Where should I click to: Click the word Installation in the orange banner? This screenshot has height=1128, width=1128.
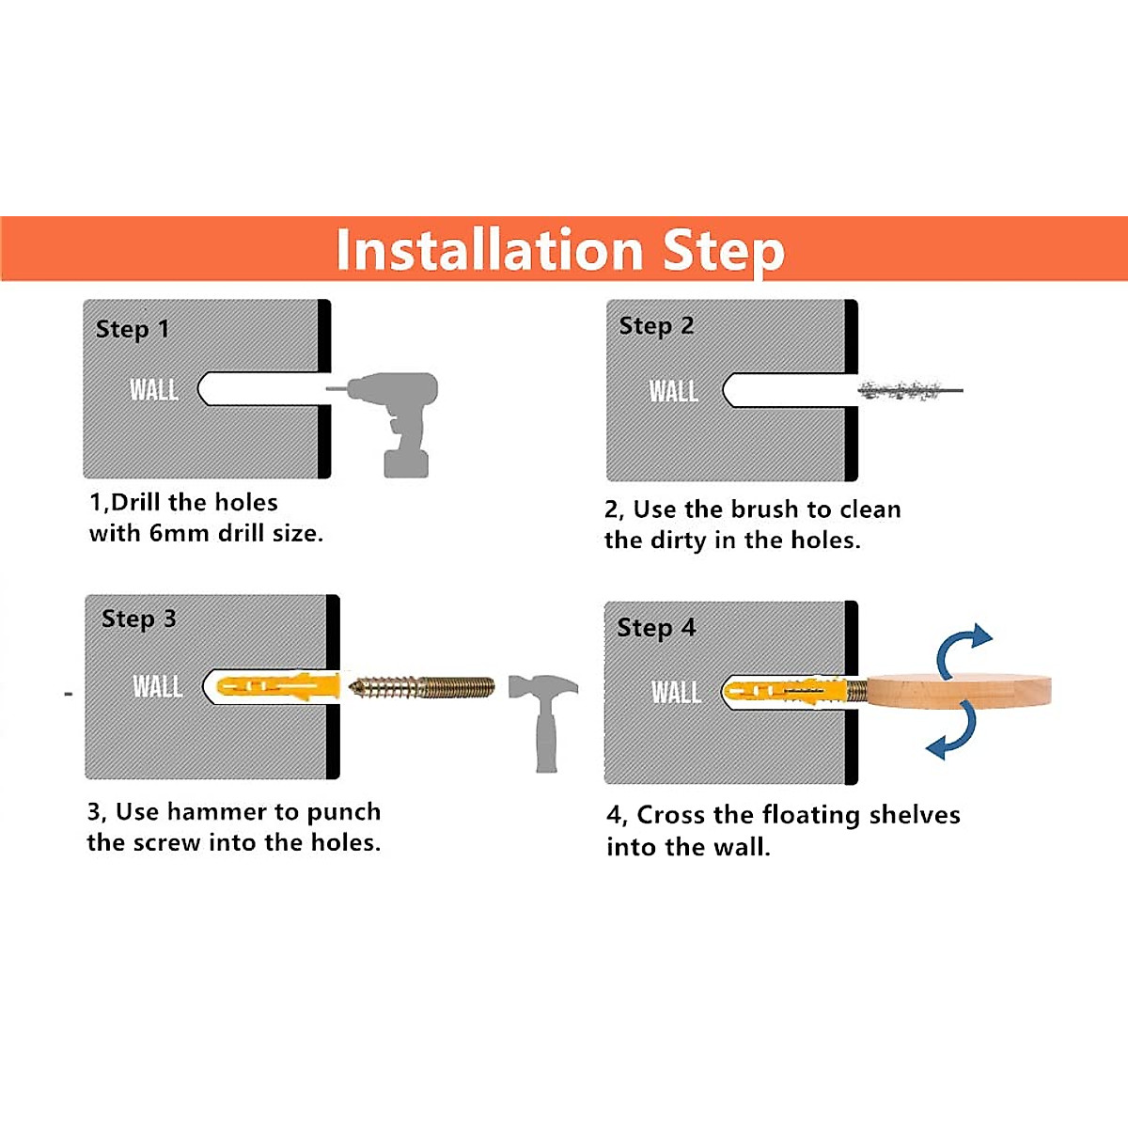(x=490, y=250)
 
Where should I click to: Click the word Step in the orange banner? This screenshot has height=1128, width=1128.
(x=724, y=252)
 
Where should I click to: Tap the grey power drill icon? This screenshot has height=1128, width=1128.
(x=389, y=423)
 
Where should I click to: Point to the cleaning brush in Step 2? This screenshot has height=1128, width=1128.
(x=910, y=390)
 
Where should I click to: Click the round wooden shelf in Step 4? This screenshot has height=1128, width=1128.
(x=959, y=691)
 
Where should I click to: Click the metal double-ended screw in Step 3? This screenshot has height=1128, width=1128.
(x=421, y=687)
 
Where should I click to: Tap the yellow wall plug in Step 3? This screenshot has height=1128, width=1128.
(x=278, y=685)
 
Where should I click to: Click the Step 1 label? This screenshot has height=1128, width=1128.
(x=133, y=329)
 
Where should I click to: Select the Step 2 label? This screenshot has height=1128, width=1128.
(x=656, y=326)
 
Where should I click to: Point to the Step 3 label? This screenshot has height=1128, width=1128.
(x=139, y=619)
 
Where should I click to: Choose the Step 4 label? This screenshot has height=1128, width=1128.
(x=656, y=628)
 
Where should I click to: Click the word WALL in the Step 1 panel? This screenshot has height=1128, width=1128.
(x=154, y=389)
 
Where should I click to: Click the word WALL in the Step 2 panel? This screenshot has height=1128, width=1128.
(x=673, y=391)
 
